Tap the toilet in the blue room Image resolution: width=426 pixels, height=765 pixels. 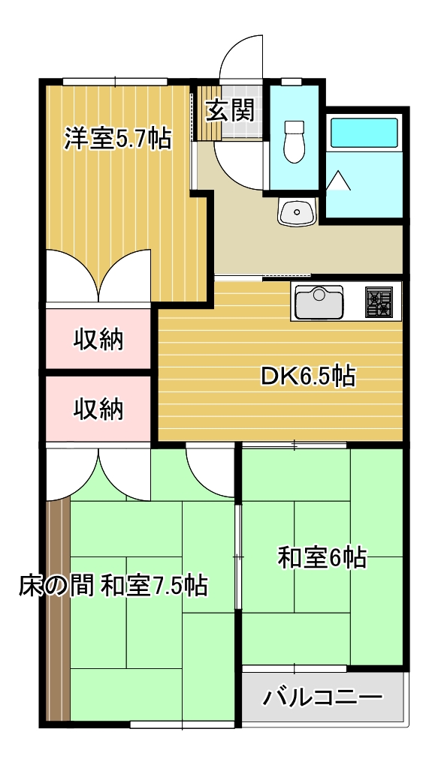tap(294, 140)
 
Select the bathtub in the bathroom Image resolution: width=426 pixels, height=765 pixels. tap(364, 132)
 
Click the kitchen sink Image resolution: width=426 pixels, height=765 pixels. tap(319, 302)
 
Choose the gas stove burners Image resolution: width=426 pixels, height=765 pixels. tap(379, 302)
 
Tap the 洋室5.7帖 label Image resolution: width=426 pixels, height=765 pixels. tap(117, 139)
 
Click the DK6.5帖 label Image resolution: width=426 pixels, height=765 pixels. tap(308, 376)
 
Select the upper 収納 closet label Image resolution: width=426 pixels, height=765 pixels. tap(98, 340)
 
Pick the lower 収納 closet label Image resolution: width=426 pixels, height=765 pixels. tap(98, 409)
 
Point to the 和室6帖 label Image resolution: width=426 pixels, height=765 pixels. tap(322, 557)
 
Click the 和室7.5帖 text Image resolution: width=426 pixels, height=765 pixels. tap(154, 584)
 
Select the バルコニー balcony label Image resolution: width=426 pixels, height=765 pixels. tap(323, 698)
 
